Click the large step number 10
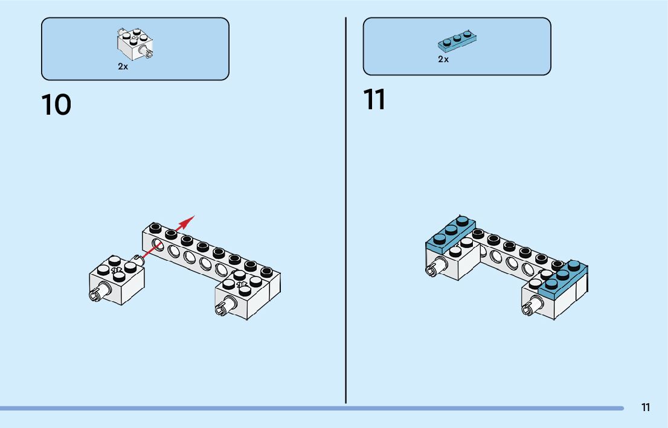pyautogui.click(x=56, y=105)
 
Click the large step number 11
pyautogui.click(x=374, y=100)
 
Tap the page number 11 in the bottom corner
pyautogui.click(x=646, y=407)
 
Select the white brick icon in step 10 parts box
pyautogui.click(x=136, y=43)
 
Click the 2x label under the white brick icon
pyautogui.click(x=123, y=67)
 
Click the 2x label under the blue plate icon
pyautogui.click(x=443, y=60)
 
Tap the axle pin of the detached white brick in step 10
pyautogui.click(x=96, y=295)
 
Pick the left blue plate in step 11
pyautogui.click(x=451, y=234)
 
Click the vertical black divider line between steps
pyautogui.click(x=346, y=211)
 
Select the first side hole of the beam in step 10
pyautogui.click(x=158, y=244)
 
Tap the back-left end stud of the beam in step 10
pyautogui.click(x=155, y=227)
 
